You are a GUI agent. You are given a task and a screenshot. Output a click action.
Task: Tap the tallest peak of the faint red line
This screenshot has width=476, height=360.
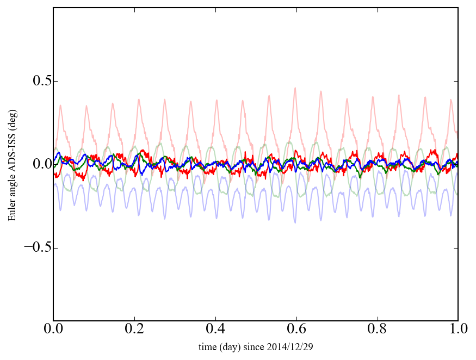[295, 88]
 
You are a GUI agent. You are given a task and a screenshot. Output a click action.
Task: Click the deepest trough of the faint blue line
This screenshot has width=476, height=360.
[295, 222]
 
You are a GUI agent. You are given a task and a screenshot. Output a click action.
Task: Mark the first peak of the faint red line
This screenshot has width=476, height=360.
[61, 105]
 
